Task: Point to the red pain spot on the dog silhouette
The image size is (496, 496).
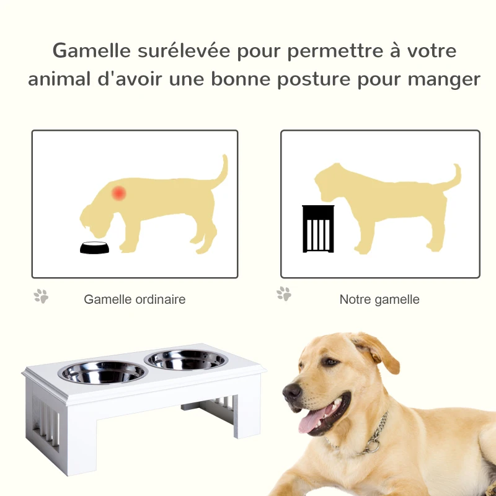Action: pos(118,193)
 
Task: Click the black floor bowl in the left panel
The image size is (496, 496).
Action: pos(94,247)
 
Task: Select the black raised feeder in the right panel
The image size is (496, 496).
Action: pos(318,229)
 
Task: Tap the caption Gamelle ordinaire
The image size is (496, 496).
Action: pos(135,299)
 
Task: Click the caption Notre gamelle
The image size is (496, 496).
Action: pos(379,299)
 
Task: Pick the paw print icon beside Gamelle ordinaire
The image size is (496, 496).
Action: pos(41,296)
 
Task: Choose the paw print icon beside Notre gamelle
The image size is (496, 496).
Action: pos(284,293)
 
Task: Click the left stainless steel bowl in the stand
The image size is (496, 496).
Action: pos(102,372)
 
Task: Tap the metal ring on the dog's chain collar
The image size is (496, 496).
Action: pos(373,445)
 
